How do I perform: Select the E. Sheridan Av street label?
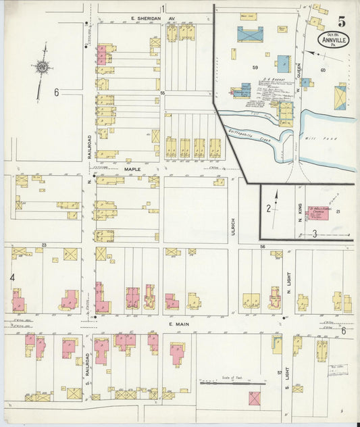[x=153, y=19]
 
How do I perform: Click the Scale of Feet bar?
[x=232, y=383]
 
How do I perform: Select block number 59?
[x=255, y=68]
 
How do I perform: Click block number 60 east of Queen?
[x=323, y=70]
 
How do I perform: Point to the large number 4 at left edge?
[x=11, y=277]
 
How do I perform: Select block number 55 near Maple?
[x=162, y=92]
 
